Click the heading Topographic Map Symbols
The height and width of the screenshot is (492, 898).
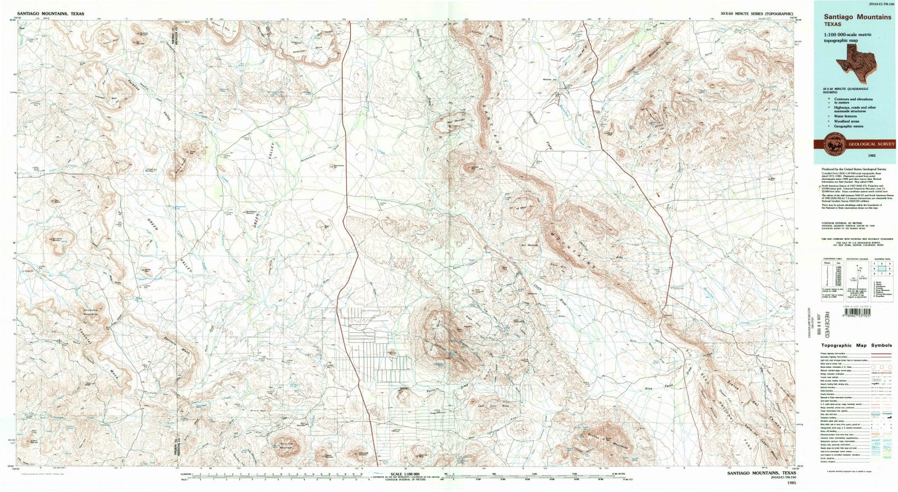point(856,345)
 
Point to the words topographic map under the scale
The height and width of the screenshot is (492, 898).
point(842,41)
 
